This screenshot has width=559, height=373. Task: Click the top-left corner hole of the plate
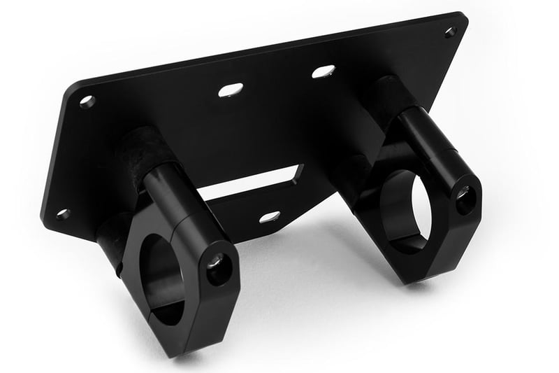tap(87, 101)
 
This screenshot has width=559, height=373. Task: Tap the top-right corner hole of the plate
tap(450, 31)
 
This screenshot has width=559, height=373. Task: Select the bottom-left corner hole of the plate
tap(63, 214)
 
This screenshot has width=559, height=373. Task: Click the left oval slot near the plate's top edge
tap(231, 90)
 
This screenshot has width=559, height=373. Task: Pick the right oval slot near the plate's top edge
tap(323, 71)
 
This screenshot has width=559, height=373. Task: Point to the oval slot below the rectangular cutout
tap(270, 217)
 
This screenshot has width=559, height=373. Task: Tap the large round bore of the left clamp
tap(162, 280)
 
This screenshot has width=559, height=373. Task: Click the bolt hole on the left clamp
tap(217, 266)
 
